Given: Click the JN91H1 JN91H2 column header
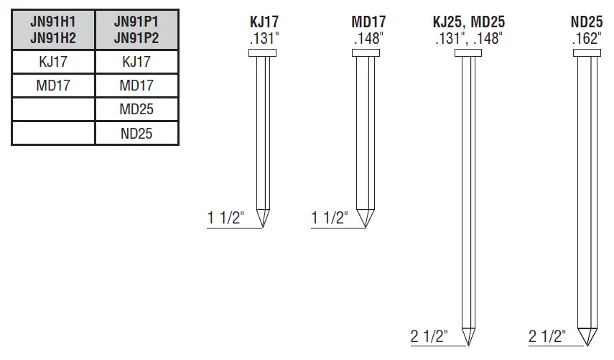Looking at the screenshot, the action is (53, 29).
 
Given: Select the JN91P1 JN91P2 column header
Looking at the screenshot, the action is (136, 29).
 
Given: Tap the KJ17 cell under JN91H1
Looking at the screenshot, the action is (53, 62).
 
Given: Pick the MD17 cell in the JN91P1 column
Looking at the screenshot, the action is (136, 86).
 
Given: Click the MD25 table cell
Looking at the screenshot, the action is (136, 109).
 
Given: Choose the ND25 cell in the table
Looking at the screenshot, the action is (136, 134).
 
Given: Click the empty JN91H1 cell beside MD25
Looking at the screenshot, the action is (53, 109).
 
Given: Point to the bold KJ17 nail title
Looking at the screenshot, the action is (264, 22).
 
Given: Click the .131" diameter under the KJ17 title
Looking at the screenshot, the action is (264, 38).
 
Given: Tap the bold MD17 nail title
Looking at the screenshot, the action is (368, 22).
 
